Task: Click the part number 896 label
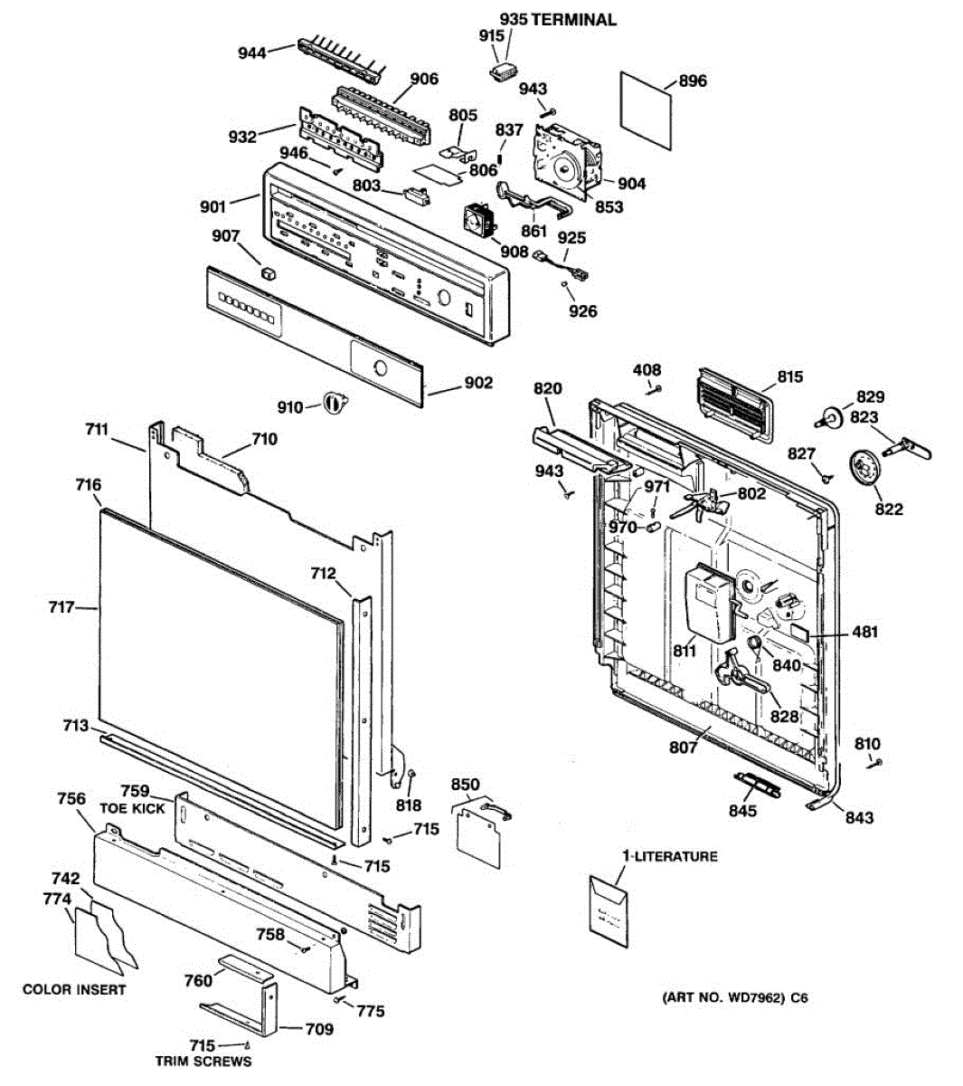coord(692,81)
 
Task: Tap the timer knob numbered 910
coord(335,402)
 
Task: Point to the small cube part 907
coord(269,272)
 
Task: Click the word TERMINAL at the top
coord(573,21)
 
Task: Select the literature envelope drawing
coord(608,910)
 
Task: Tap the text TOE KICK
coord(132,809)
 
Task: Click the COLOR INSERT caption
coord(74,989)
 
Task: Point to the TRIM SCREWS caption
coord(203,1062)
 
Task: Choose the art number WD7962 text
coord(735,998)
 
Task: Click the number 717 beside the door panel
coord(61,607)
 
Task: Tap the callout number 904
coord(631,184)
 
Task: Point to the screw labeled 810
coord(874,763)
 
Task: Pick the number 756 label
coord(71,799)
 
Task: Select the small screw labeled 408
coord(654,389)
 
